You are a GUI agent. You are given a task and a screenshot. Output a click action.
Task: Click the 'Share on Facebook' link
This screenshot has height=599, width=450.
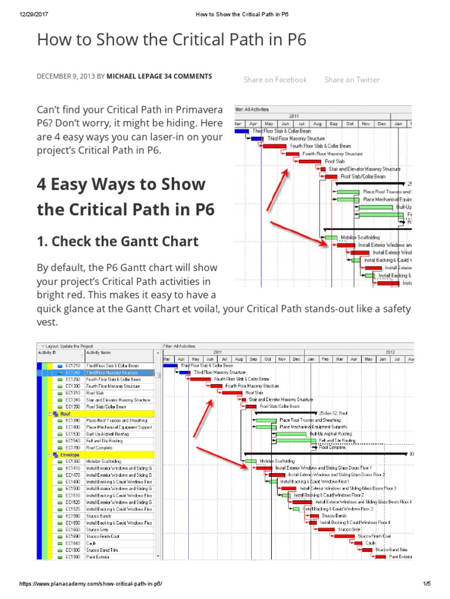pyautogui.click(x=275, y=80)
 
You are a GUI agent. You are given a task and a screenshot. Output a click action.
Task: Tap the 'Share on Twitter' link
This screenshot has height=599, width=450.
pyautogui.click(x=352, y=80)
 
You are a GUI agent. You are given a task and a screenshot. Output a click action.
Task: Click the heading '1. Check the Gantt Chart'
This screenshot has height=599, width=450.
pyautogui.click(x=118, y=240)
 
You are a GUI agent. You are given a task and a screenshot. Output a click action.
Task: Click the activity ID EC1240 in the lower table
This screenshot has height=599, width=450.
pyautogui.click(x=73, y=372)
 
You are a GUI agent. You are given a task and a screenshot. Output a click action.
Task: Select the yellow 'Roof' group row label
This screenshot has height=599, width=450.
pyautogui.click(x=66, y=414)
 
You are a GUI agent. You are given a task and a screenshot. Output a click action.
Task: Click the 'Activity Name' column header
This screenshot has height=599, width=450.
pyautogui.click(x=98, y=353)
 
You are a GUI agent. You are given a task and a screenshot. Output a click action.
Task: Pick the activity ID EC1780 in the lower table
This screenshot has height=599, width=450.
pyautogui.click(x=73, y=447)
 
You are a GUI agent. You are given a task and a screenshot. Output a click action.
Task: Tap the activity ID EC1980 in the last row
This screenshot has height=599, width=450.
pyautogui.click(x=73, y=557)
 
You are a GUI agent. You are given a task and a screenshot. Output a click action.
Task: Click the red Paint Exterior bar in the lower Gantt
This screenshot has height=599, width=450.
pyautogui.click(x=381, y=557)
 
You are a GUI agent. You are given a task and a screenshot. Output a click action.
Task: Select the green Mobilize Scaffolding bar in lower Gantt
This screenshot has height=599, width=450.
pyautogui.click(x=251, y=461)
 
